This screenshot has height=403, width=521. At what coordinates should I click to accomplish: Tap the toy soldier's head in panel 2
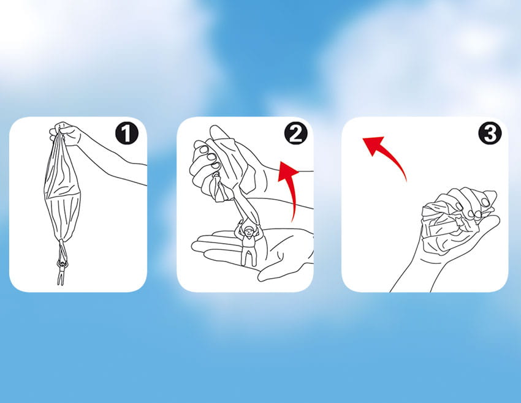(x=248, y=230)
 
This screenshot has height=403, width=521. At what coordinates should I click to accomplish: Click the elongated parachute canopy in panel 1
(x=63, y=189)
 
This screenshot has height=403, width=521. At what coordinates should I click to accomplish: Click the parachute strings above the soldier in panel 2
(x=246, y=209)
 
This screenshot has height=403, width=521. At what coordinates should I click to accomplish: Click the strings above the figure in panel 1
(x=62, y=250)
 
